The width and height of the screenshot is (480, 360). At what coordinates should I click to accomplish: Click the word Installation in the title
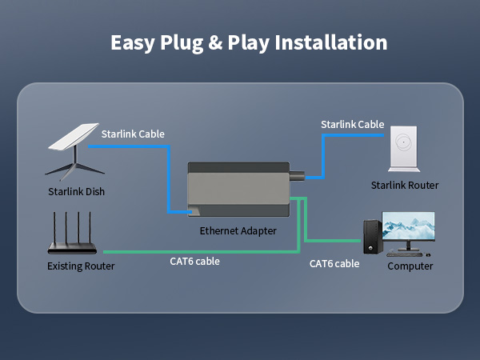point(331,42)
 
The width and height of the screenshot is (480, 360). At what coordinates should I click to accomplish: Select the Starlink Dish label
point(76,191)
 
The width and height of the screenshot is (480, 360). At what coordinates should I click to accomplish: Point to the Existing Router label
point(81,266)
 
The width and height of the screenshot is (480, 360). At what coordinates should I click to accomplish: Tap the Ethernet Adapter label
point(238,230)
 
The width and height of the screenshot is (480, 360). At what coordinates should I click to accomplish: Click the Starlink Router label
point(405,186)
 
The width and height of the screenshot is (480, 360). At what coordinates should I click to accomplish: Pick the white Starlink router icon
point(404,149)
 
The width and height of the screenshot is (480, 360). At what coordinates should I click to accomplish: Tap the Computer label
point(410,266)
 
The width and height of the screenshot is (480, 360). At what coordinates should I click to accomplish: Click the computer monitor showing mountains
point(408,229)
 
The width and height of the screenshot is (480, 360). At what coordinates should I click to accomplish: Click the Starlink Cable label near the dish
point(133,134)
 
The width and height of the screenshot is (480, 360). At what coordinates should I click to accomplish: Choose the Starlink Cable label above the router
point(352,124)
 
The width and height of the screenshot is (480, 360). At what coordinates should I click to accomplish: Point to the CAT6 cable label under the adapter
point(194,261)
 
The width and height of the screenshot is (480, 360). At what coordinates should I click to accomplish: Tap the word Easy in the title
point(133,42)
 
